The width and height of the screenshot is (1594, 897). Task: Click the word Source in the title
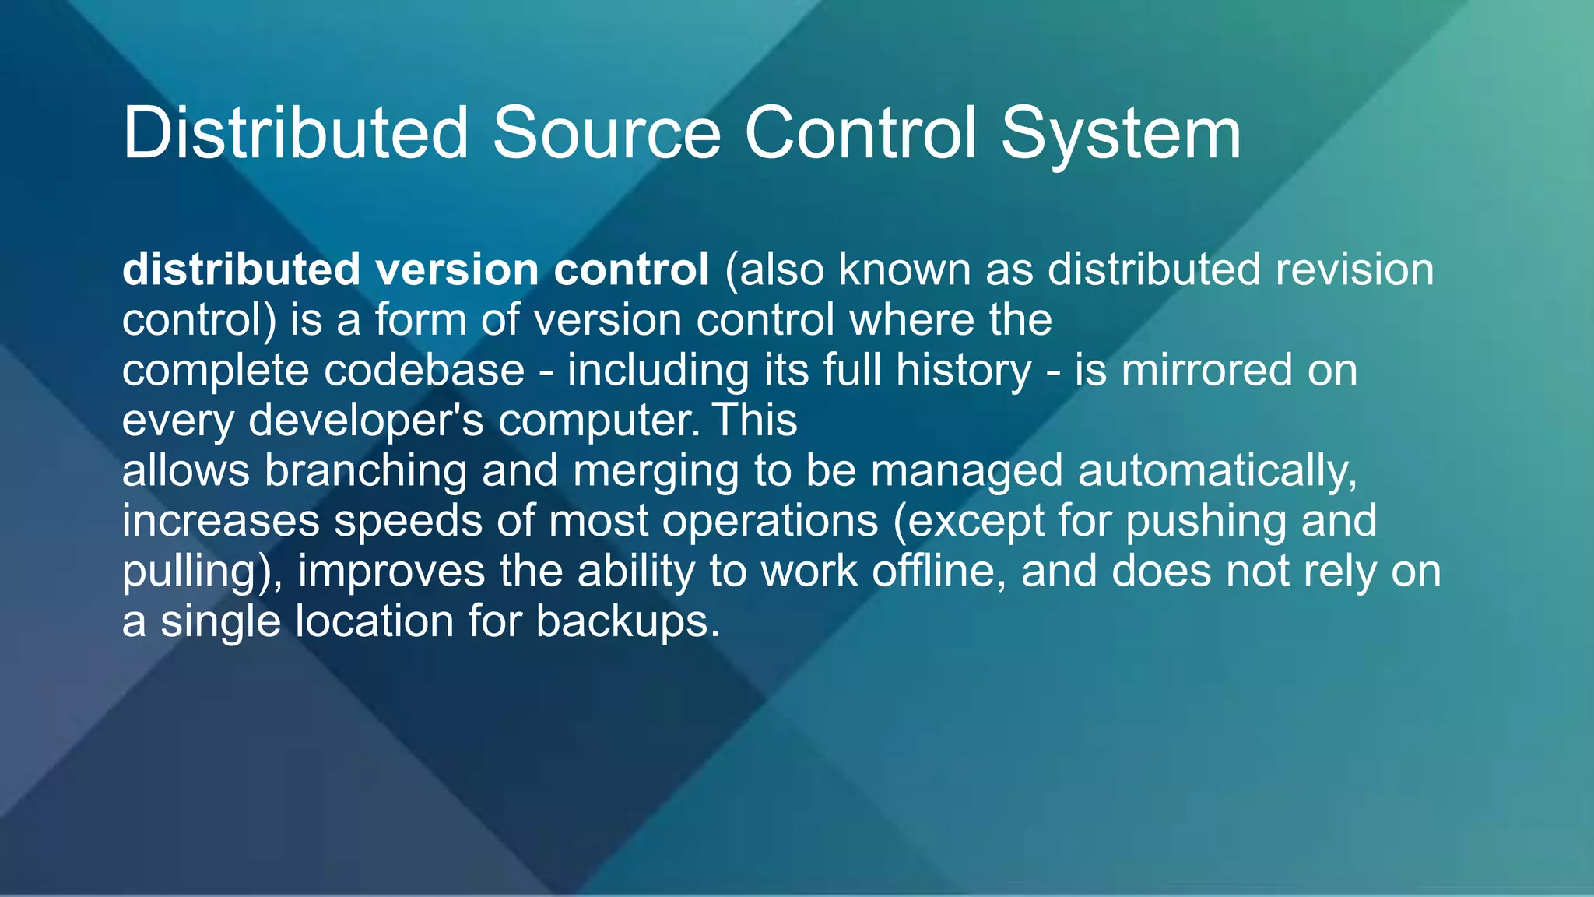[x=606, y=134]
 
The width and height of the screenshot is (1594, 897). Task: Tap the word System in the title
[x=1121, y=134]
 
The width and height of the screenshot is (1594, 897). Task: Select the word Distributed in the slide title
[x=296, y=134]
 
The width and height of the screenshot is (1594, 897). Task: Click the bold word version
[x=458, y=270]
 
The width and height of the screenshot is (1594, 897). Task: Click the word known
[x=904, y=270]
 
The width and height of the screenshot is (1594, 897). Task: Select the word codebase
[x=424, y=371]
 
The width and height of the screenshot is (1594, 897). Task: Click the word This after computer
[x=755, y=420]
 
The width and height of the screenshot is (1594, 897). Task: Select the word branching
[x=366, y=471]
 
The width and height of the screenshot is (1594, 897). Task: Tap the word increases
[x=221, y=521]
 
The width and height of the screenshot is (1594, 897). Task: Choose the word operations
[x=771, y=521]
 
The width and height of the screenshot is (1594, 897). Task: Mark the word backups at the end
[x=627, y=622]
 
